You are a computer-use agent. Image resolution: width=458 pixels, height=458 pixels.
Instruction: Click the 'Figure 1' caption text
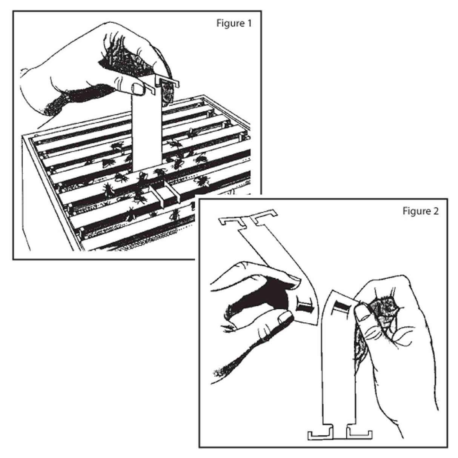[x=234, y=23]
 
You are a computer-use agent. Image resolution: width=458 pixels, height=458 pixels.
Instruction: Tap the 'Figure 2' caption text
[x=420, y=211]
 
